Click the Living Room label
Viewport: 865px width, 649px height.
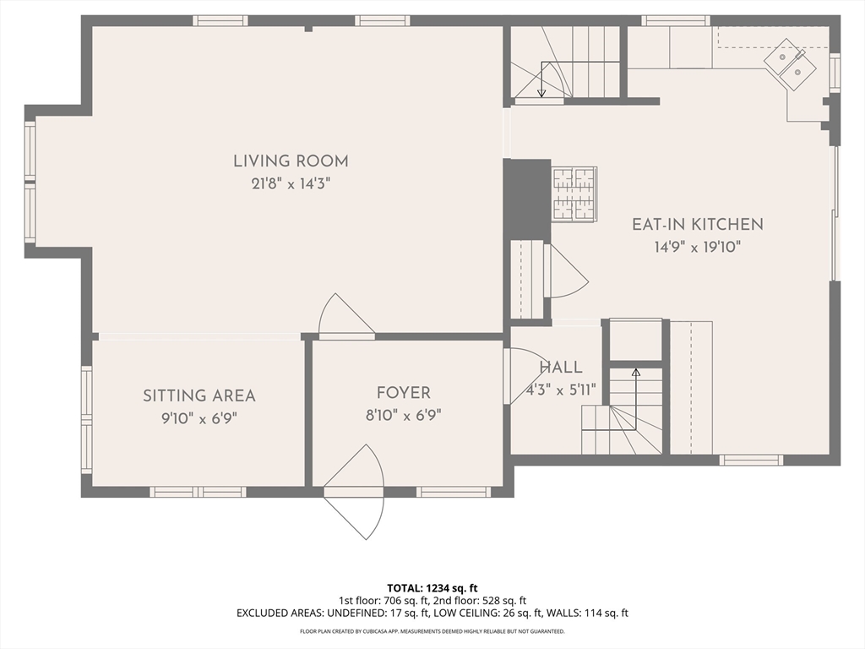pos(291,161)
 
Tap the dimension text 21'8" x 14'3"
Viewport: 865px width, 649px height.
pos(291,183)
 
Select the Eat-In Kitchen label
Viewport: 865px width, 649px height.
pos(697,224)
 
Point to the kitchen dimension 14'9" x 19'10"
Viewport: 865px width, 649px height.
pos(697,247)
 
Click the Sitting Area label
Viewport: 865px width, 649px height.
pos(199,395)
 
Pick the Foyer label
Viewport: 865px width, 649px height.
pos(403,393)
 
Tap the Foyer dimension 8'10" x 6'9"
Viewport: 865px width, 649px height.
pos(403,415)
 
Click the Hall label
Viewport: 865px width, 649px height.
pos(561,368)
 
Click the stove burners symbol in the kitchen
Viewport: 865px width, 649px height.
pos(574,194)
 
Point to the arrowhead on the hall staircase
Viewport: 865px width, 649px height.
pos(635,373)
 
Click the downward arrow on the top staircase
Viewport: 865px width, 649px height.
pos(541,79)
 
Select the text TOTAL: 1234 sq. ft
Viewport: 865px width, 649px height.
pos(432,588)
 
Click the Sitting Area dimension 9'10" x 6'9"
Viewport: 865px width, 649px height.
pos(199,418)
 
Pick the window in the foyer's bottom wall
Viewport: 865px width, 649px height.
pos(454,492)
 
